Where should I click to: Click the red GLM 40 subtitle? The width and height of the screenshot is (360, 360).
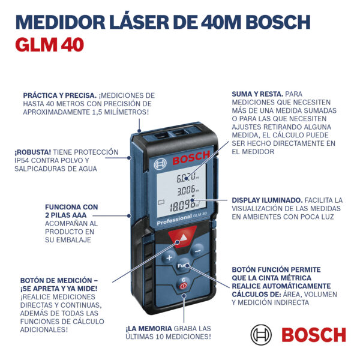(x=50, y=44)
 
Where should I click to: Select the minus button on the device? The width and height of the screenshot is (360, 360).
(x=197, y=251)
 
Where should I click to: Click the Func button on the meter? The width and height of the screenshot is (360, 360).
(x=183, y=266)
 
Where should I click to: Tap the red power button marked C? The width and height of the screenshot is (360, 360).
(x=183, y=284)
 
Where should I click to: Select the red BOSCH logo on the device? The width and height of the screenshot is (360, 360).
(x=191, y=157)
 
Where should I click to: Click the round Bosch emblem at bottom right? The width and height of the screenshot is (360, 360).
(x=261, y=335)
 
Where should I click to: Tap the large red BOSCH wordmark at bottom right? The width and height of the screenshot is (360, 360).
(x=314, y=335)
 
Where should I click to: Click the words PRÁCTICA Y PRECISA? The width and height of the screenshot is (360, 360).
(x=59, y=95)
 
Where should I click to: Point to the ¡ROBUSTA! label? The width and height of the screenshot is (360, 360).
(x=32, y=152)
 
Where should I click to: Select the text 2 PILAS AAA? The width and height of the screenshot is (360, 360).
(x=65, y=215)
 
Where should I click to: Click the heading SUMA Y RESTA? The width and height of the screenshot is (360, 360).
(x=257, y=94)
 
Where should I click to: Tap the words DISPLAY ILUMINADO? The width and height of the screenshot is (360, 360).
(x=267, y=200)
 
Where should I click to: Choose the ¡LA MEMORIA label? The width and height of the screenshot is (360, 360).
(x=149, y=329)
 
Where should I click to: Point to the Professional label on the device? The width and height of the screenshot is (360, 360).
(x=175, y=220)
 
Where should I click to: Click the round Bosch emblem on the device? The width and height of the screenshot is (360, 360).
(x=160, y=164)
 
